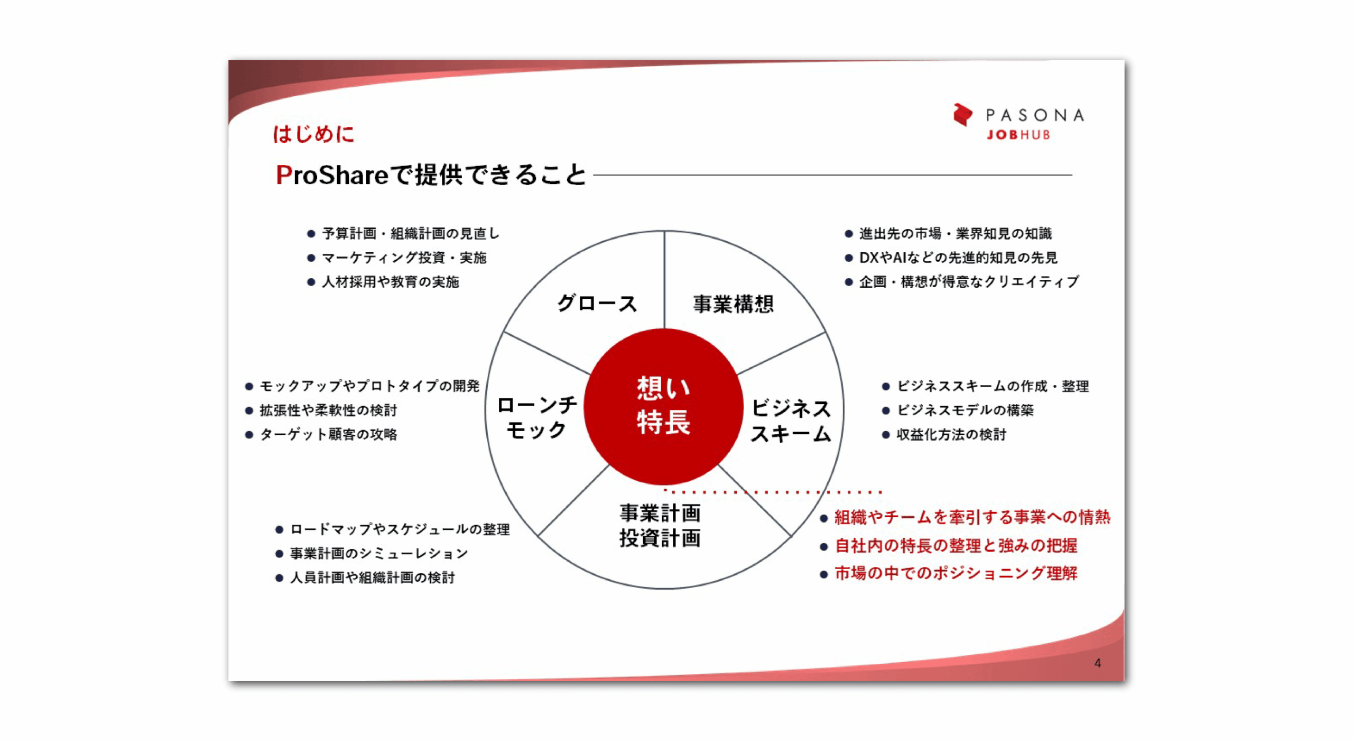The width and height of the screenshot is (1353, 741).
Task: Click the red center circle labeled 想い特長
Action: (x=663, y=406)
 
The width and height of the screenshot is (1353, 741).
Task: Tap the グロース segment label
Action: (x=597, y=304)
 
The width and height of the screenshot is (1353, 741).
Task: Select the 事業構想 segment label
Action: (x=733, y=304)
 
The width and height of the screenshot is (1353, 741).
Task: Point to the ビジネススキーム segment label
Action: (x=791, y=421)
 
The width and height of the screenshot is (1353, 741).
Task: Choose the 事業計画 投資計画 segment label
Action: (x=660, y=525)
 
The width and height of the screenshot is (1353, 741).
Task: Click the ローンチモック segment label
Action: (x=537, y=418)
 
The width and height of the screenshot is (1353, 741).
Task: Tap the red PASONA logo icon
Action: (x=962, y=115)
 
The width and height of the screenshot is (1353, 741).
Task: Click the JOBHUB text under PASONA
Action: (x=1017, y=135)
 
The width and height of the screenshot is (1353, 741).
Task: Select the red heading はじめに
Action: (x=313, y=134)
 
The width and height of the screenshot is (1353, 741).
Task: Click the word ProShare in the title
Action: (x=332, y=175)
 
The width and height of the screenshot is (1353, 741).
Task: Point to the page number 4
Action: (x=1097, y=663)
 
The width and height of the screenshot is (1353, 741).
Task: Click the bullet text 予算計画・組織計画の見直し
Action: (x=411, y=233)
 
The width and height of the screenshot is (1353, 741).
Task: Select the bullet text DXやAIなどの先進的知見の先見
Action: (x=958, y=258)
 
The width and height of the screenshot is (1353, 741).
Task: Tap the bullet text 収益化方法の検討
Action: (x=951, y=434)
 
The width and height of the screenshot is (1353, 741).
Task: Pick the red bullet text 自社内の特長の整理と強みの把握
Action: (x=956, y=545)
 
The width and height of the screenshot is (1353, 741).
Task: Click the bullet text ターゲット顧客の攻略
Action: (x=328, y=434)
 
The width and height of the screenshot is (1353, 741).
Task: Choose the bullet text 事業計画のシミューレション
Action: (x=379, y=553)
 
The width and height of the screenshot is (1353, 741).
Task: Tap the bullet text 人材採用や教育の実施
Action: (x=391, y=282)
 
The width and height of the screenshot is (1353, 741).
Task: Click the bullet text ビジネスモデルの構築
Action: (x=965, y=410)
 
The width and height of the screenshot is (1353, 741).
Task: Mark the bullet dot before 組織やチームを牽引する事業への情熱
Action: (x=823, y=518)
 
